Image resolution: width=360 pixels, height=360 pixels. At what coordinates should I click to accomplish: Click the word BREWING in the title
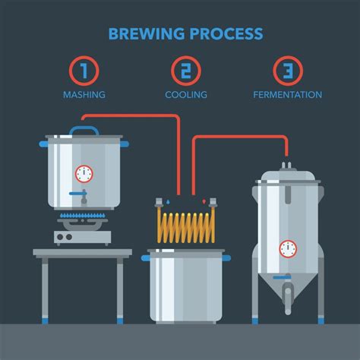[x=143, y=33]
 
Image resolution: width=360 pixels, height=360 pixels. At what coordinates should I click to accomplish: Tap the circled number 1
[x=84, y=71]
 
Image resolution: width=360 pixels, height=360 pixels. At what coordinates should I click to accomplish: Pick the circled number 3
[x=287, y=71]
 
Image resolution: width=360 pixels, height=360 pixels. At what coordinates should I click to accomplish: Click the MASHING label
[x=84, y=96]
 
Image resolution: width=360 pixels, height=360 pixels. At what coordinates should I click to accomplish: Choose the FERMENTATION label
[x=287, y=96]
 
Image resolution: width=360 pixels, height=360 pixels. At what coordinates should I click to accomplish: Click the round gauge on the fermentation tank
[x=287, y=248]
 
